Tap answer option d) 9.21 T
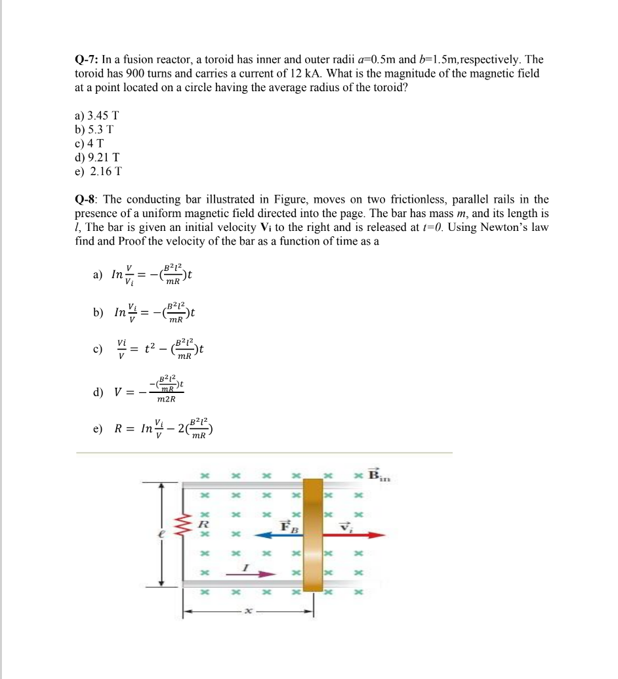click(97, 157)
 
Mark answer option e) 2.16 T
click(98, 172)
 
